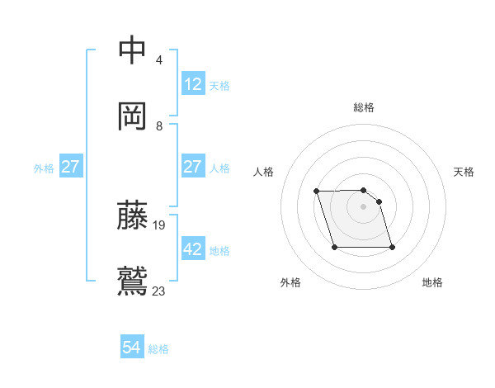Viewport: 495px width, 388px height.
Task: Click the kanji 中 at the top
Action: [x=133, y=50]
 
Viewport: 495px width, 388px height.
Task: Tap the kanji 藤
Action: [x=133, y=215]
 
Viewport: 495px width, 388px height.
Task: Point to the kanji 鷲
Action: [x=133, y=280]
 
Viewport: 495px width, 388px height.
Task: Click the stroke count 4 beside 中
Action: [x=158, y=60]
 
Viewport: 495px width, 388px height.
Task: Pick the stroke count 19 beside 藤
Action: [x=160, y=225]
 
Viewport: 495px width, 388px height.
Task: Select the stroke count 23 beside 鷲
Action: [x=159, y=291]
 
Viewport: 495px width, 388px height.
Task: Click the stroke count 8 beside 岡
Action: [x=159, y=126]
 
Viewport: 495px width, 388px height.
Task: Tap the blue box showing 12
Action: [x=193, y=83]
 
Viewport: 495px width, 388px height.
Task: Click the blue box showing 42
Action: [x=193, y=248]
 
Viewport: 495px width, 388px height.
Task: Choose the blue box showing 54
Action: [x=132, y=348]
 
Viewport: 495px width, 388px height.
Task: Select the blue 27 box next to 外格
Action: [x=70, y=167]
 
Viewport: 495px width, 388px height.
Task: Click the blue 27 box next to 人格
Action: [x=193, y=167]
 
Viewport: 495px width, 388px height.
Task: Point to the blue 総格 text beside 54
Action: [x=158, y=349]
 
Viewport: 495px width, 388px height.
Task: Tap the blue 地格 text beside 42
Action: [x=219, y=250]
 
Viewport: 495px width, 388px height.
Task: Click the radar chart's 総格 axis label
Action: [x=364, y=107]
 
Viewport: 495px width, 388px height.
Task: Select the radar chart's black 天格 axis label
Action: [x=464, y=172]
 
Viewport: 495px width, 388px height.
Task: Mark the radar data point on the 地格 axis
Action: [x=392, y=247]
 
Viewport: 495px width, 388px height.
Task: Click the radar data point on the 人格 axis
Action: [x=316, y=192]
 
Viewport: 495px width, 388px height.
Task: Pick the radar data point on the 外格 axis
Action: [x=334, y=247]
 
